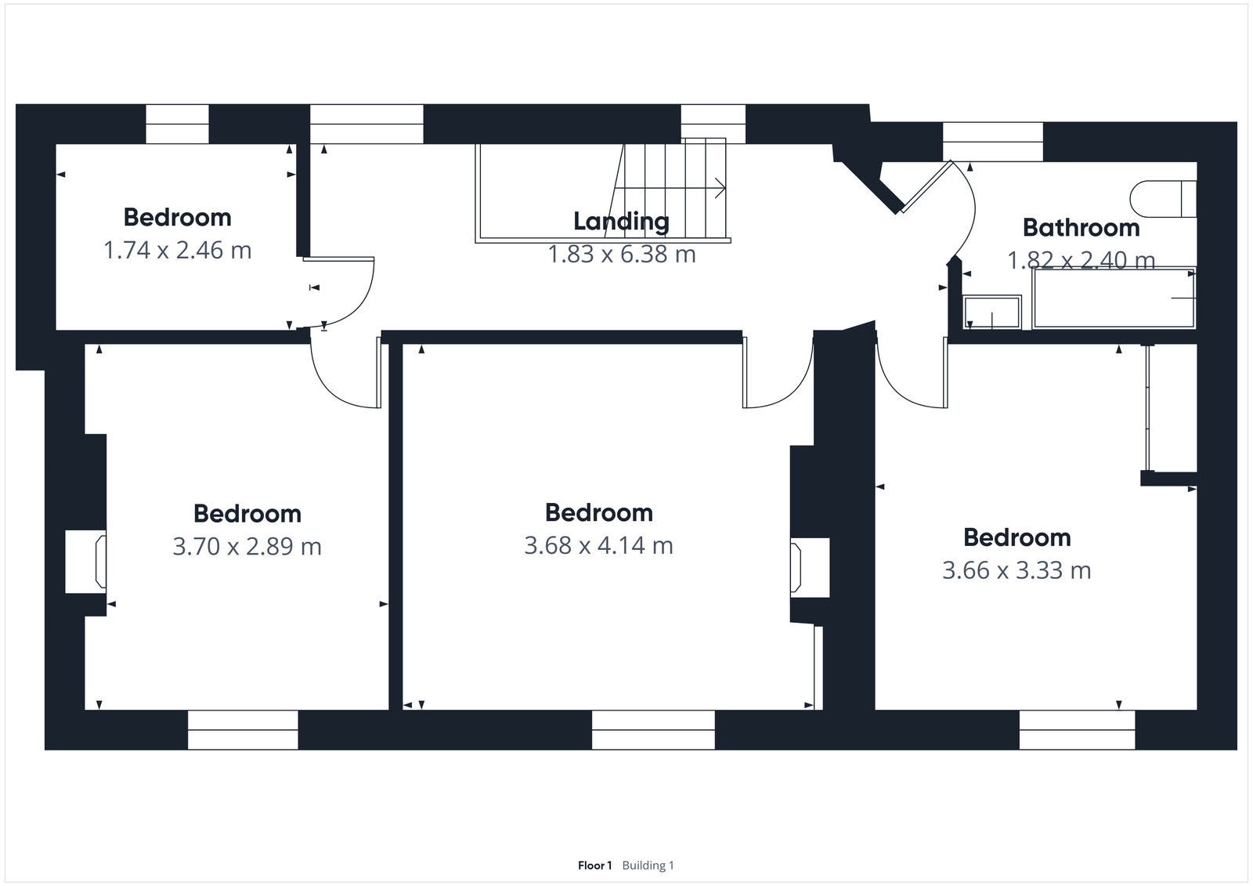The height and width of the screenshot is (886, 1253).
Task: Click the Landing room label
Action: [621, 222]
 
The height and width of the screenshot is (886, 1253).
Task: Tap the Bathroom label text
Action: [1081, 228]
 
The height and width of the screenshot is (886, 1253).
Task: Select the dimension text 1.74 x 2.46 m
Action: [178, 251]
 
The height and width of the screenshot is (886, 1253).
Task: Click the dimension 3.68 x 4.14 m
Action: [598, 545]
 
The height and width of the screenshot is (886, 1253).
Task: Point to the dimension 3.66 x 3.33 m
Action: [1016, 570]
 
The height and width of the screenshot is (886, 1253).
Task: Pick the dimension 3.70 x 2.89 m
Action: [247, 546]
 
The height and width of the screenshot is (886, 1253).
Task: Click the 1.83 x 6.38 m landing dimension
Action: [621, 255]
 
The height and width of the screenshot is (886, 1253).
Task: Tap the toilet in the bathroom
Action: [1164, 199]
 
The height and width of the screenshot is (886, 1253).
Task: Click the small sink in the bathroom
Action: [992, 312]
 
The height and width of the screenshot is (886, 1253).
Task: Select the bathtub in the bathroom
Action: [1114, 298]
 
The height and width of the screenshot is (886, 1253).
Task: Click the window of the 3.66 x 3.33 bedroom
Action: [1077, 730]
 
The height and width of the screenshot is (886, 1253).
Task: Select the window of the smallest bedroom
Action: [178, 124]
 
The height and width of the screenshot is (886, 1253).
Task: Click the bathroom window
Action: [992, 142]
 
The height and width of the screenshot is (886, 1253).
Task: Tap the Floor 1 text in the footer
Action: [594, 866]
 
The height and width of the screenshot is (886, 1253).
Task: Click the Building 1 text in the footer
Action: [648, 866]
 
